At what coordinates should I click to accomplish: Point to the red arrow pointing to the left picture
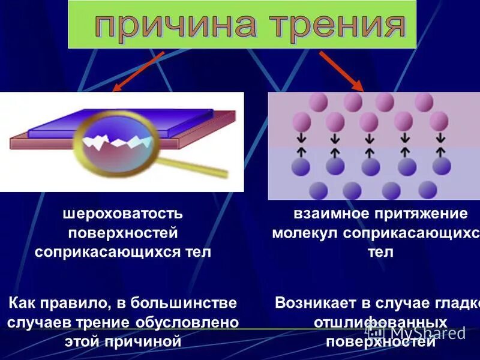point(139,71)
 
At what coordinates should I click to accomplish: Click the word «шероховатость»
point(123,214)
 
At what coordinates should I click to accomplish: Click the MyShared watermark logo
point(416,333)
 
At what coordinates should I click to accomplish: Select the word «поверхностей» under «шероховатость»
point(123,233)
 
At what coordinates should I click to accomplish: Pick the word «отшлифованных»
point(380,322)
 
